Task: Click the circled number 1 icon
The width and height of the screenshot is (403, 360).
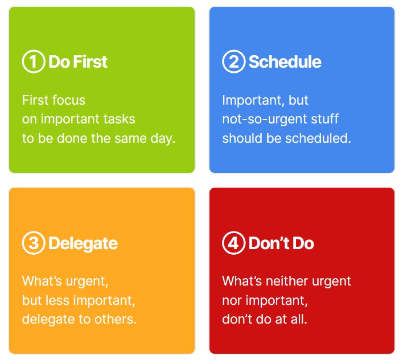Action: (x=34, y=61)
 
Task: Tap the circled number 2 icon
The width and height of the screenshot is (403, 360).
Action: (x=234, y=61)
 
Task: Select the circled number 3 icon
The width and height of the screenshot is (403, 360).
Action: (x=34, y=243)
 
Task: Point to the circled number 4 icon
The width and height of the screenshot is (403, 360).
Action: (x=234, y=243)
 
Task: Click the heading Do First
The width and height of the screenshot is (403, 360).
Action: (x=78, y=62)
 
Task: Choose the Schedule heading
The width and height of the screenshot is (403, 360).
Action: (x=285, y=62)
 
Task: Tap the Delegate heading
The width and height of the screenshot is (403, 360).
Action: (x=83, y=243)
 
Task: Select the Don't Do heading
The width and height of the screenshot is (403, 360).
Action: (x=281, y=243)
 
